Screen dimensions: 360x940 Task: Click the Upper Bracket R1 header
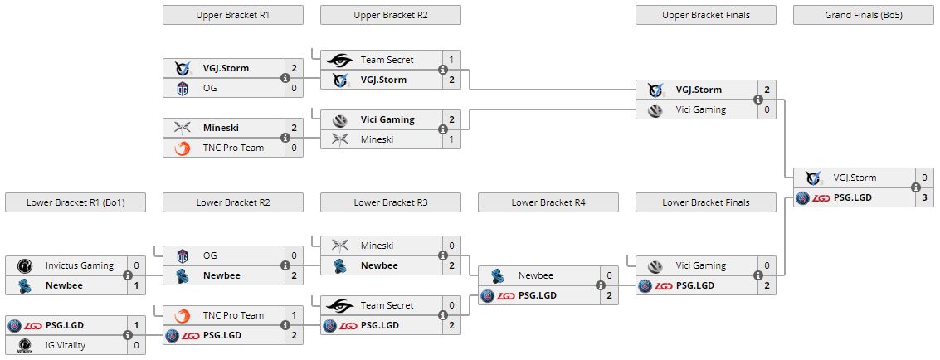(233, 15)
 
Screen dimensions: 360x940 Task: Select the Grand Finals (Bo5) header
(864, 15)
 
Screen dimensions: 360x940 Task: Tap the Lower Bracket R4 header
(548, 202)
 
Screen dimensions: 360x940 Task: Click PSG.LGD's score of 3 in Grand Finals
(924, 198)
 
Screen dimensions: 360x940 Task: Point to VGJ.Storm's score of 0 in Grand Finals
(924, 178)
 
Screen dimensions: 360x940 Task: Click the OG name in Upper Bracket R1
(210, 89)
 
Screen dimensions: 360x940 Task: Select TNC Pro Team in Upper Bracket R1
(233, 148)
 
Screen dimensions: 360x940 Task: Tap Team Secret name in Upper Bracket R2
(387, 60)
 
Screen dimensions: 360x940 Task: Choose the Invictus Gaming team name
(80, 265)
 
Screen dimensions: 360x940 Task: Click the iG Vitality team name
(66, 345)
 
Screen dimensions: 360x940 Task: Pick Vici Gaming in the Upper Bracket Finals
(700, 109)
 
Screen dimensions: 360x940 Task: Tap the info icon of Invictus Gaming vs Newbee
(128, 276)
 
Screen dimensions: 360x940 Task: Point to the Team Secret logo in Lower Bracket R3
(339, 305)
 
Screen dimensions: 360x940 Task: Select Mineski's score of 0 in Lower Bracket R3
(451, 246)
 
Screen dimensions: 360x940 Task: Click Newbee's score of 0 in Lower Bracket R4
(609, 275)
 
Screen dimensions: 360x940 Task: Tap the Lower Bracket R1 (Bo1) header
(75, 202)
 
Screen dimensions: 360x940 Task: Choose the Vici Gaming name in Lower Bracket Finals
(700, 265)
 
